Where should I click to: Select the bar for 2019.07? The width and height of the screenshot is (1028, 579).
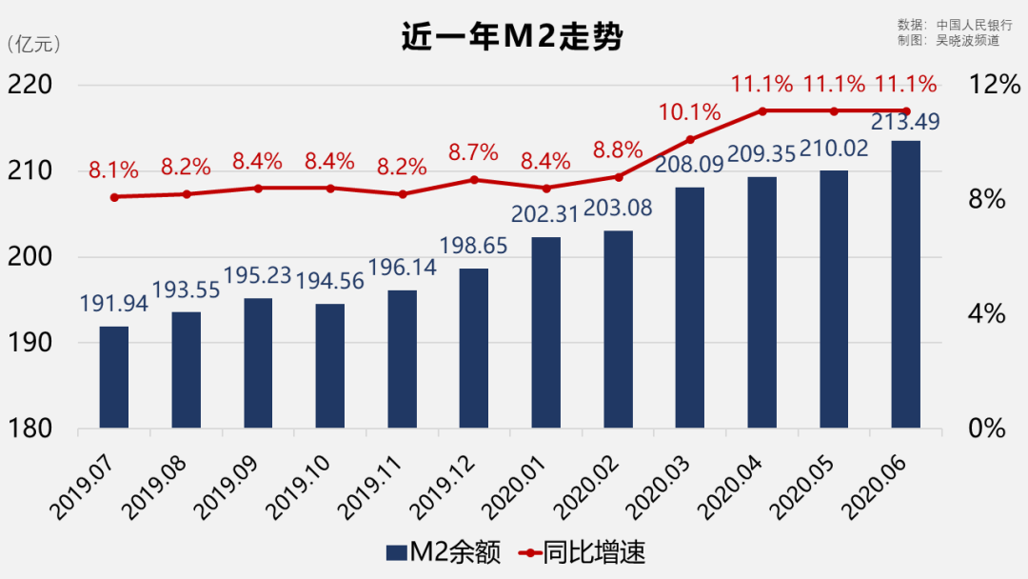[x=114, y=377]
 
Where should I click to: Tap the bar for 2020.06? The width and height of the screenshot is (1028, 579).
[x=905, y=285]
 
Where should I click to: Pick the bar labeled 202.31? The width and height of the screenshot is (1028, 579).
[x=545, y=332]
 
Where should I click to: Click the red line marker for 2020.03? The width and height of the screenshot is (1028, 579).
[x=689, y=139]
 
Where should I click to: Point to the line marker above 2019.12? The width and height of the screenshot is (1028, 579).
[x=474, y=179]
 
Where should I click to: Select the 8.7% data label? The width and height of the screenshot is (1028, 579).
[x=474, y=152]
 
